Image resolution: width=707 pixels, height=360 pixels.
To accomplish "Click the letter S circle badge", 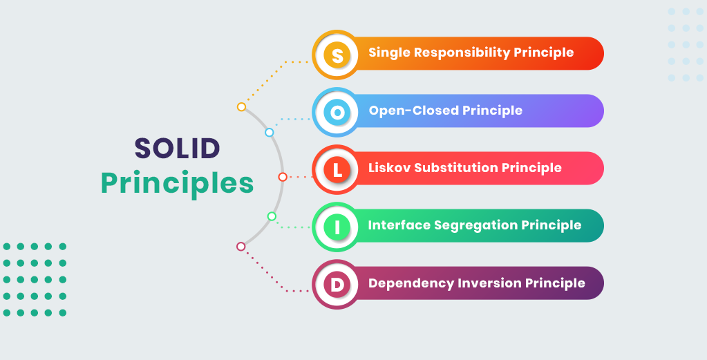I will (337, 55).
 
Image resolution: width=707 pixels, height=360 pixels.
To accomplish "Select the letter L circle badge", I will (337, 169).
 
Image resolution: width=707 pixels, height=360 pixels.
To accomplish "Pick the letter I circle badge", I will (337, 227).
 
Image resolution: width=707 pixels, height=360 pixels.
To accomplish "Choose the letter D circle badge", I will (337, 284).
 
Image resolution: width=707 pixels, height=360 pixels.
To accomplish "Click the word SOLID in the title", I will (177, 148).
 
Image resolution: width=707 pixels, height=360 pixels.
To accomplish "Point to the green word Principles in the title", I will (177, 183).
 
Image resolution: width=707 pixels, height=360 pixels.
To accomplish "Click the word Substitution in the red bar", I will (454, 168).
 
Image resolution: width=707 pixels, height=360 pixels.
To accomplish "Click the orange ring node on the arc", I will (241, 107).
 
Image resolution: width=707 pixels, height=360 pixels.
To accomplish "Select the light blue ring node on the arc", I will (270, 132).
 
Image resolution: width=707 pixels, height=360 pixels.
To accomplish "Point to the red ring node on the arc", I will (283, 177).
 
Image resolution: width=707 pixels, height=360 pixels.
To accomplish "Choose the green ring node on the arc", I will (272, 216).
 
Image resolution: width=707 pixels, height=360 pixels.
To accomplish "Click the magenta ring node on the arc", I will (241, 246).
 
